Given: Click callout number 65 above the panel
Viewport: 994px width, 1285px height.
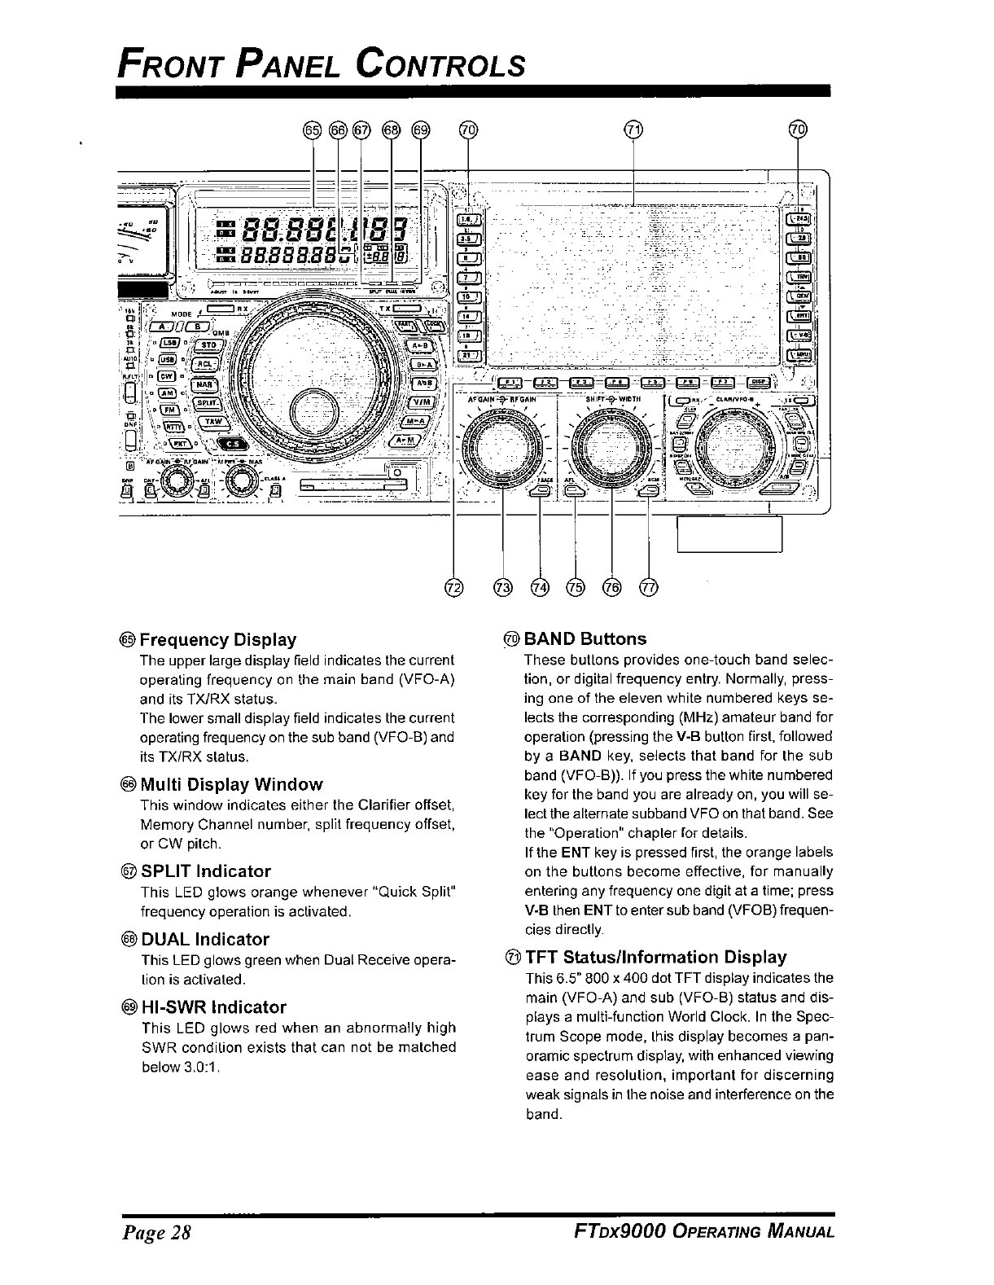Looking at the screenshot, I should pos(312,129).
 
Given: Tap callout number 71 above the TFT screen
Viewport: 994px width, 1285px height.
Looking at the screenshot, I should pos(633,129).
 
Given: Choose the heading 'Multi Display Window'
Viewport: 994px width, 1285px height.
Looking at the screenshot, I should pos(231,784).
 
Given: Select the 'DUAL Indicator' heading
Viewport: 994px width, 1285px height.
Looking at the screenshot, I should pos(204,939).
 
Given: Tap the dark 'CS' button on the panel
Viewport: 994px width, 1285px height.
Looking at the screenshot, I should pos(233,444).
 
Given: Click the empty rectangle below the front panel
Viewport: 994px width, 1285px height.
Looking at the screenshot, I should pos(729,533).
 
